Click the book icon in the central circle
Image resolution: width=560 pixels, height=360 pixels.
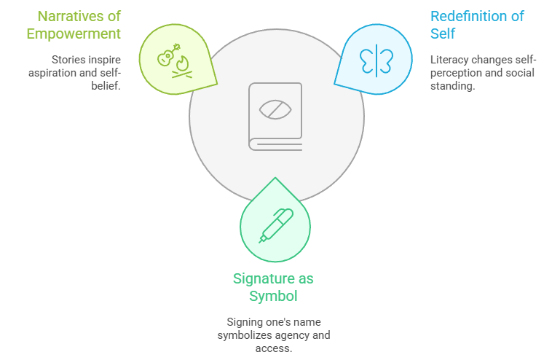(276, 116)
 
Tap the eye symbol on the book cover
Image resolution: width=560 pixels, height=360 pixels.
(276, 109)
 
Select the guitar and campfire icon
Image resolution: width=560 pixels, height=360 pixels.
(174, 58)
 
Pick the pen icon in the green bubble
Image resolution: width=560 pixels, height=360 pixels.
(275, 225)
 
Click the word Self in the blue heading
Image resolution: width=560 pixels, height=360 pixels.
(443, 34)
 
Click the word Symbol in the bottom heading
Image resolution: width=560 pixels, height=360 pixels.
(274, 296)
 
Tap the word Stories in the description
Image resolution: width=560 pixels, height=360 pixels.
(68, 59)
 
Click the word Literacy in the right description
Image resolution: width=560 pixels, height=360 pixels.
(449, 59)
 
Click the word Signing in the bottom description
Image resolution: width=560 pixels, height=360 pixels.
(245, 322)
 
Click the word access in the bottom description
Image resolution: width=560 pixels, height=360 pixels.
(274, 348)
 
